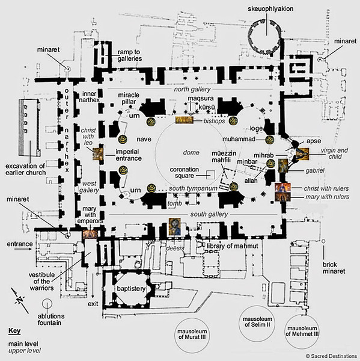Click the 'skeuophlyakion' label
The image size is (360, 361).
coord(270,9)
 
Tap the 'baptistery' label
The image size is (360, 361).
coord(131,289)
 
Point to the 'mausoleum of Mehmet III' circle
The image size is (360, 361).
coord(302,332)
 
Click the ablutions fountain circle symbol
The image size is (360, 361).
coord(47,304)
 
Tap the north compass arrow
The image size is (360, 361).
coord(20,300)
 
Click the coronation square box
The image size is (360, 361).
coord(210,174)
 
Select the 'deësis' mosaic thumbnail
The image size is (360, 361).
coord(174,226)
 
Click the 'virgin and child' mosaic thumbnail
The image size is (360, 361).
coord(302,153)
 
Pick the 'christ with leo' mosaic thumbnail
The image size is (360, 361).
coord(98,154)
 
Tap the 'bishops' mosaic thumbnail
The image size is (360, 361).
coord(185,120)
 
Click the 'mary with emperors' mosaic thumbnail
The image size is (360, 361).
coord(90,234)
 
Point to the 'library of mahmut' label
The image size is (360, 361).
coord(233,246)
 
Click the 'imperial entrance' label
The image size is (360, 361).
coord(129,155)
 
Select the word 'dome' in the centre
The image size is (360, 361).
coord(191,152)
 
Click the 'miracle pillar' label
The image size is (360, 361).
coord(129,98)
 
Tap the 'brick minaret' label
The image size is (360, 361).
coord(334,268)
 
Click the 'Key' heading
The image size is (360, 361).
coord(14,331)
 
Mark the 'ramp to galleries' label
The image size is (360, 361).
coord(129,55)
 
